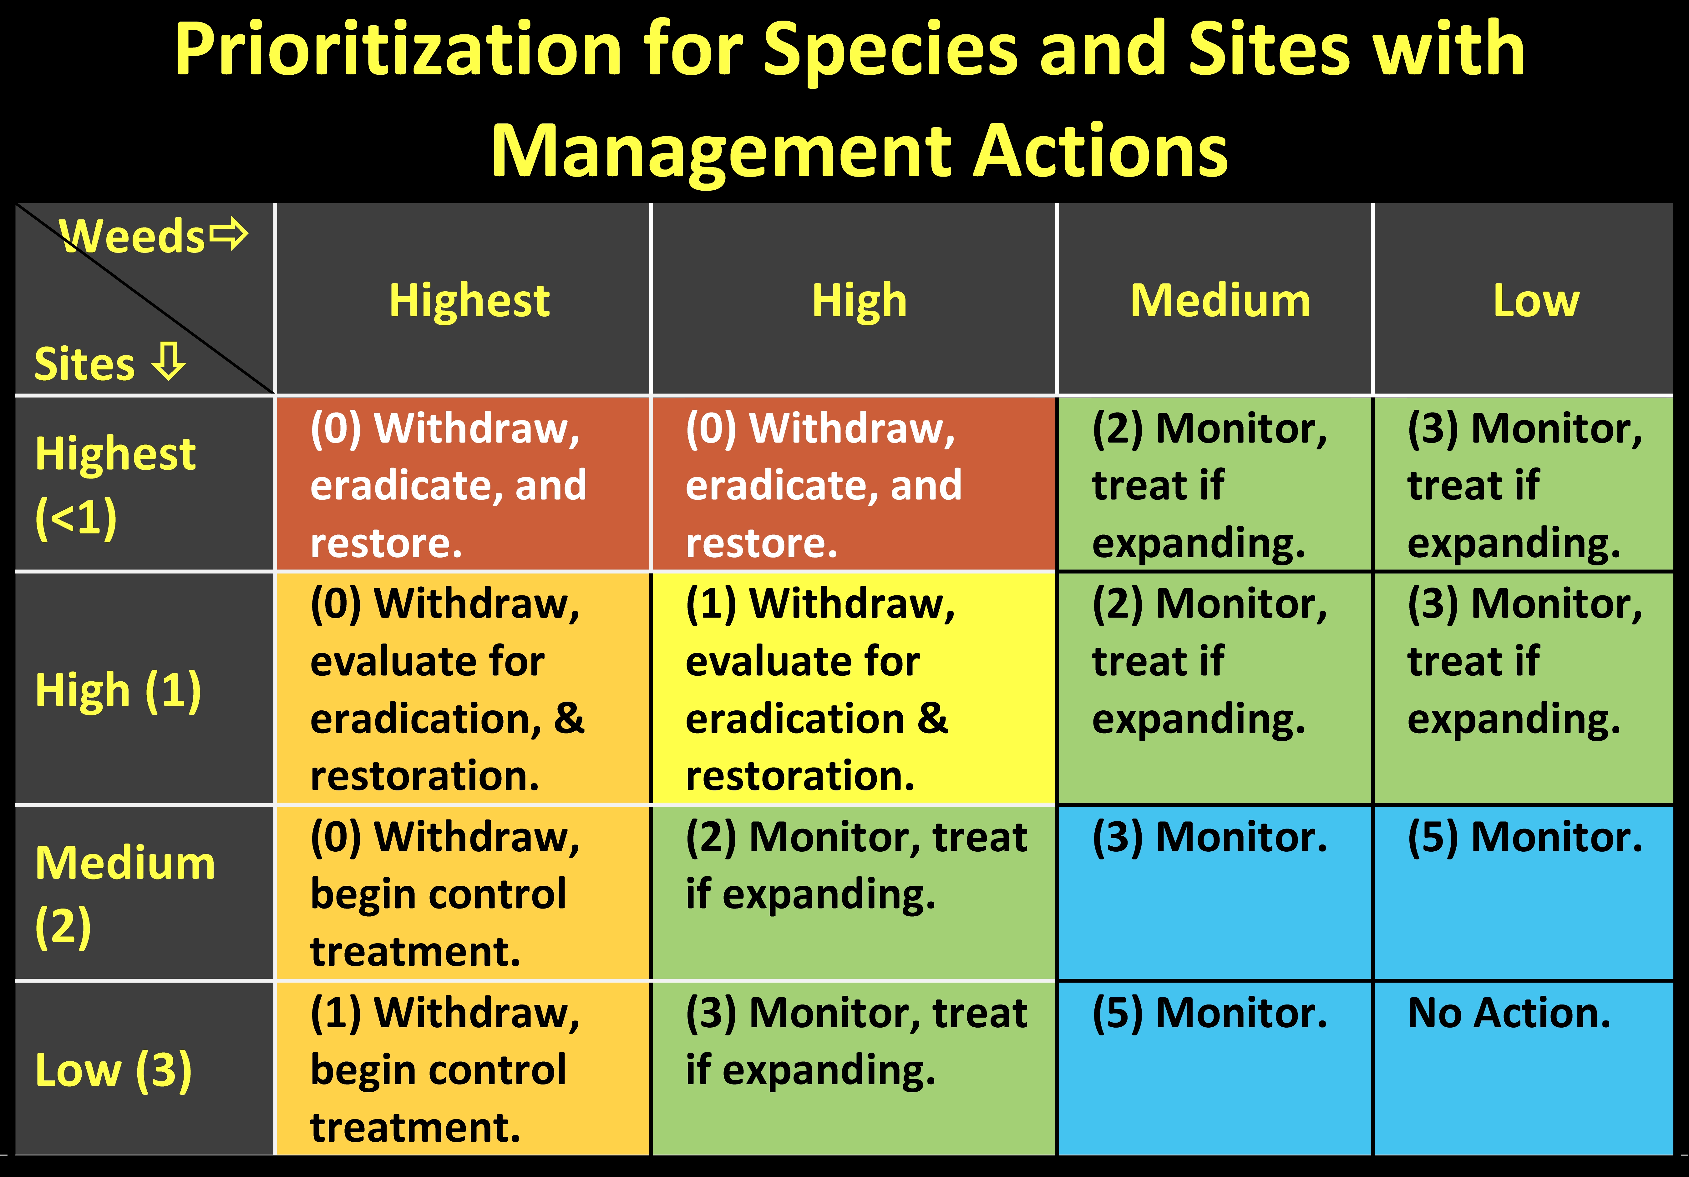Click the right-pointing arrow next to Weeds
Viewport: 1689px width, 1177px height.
(x=229, y=234)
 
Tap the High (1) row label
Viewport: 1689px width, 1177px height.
(x=118, y=691)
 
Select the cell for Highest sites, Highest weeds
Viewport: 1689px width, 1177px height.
(x=463, y=484)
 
